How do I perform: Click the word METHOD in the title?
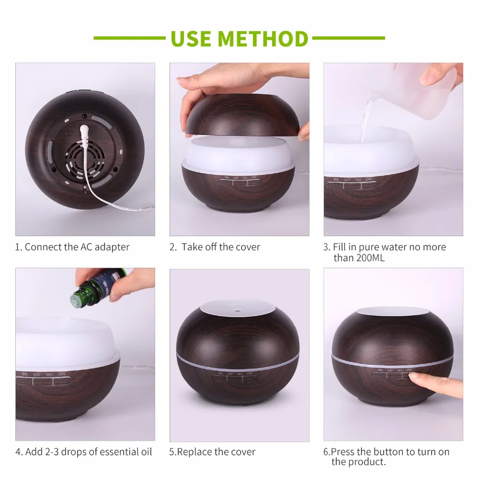263,38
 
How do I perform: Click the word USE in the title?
191,38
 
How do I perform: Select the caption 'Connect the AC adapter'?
77,247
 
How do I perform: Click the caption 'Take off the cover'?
221,247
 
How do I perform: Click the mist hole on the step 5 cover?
236,311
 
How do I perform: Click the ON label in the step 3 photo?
369,179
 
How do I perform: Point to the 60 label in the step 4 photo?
24,374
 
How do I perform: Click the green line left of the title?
129,38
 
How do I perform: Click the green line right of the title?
349,38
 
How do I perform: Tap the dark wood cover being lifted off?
242,115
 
